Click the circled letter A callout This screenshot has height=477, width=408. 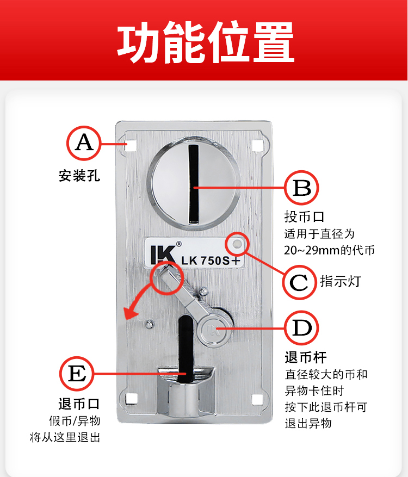click(84, 143)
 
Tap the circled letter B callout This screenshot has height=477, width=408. click(301, 188)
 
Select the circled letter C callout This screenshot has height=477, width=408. click(299, 282)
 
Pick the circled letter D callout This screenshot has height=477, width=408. click(301, 328)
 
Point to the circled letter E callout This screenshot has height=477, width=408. click(77, 374)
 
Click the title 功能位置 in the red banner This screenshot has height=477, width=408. click(206, 42)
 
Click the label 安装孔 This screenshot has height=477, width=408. click(79, 176)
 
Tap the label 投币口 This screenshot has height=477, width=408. click(304, 217)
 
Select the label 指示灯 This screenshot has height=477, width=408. click(340, 281)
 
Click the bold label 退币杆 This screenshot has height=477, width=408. click(306, 357)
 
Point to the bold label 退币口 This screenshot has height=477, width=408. click(79, 404)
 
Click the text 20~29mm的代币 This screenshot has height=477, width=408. click(329, 250)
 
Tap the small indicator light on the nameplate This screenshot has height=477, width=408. click(237, 244)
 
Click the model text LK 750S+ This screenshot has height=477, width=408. click(211, 261)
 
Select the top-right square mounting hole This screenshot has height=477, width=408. click(258, 145)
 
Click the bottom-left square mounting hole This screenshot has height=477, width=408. click(132, 399)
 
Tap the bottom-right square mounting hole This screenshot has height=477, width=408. click(258, 399)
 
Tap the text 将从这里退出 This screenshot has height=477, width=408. click(65, 437)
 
